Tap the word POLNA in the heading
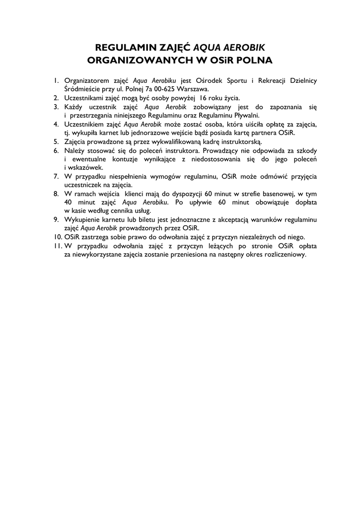pos(252,61)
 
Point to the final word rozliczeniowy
pos(285,254)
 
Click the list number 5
pos(57,141)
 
